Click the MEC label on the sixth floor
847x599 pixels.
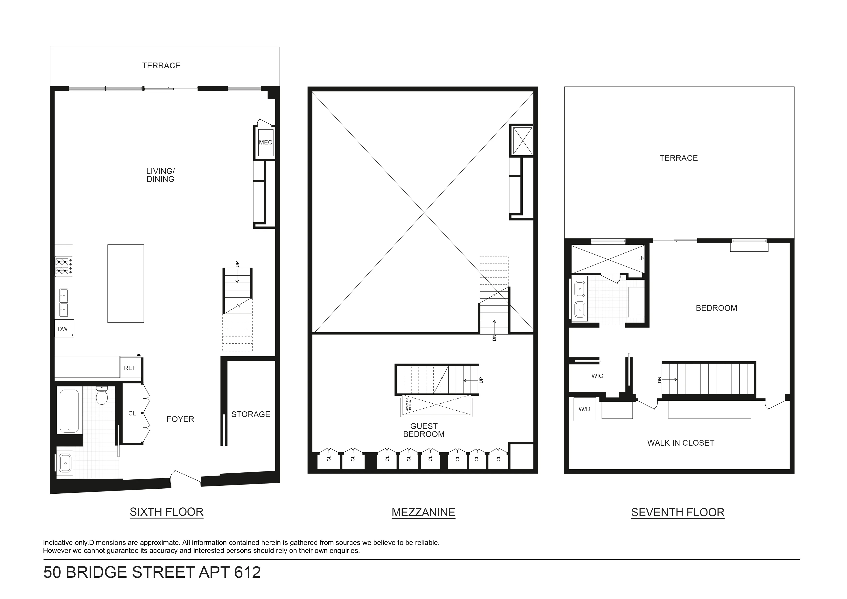pyautogui.click(x=265, y=143)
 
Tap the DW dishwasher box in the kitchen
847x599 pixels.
pyautogui.click(x=63, y=329)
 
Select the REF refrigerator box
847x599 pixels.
pyautogui.click(x=130, y=368)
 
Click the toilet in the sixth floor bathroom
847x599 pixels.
pyautogui.click(x=101, y=397)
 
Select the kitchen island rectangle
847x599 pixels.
pyautogui.click(x=125, y=284)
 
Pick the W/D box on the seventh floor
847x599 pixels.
pyautogui.click(x=584, y=409)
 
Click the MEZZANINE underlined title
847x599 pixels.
pyautogui.click(x=423, y=513)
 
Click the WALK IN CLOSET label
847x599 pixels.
pyautogui.click(x=681, y=443)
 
